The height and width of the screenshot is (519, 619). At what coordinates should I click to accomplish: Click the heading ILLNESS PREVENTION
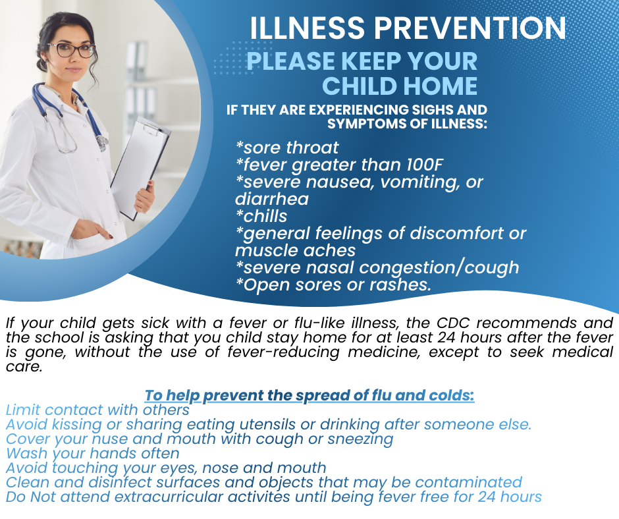click(408, 28)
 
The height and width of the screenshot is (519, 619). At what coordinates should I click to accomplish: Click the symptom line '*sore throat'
click(287, 147)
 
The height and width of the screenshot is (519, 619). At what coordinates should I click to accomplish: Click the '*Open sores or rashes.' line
click(333, 285)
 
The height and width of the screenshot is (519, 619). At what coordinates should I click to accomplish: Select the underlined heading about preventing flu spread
click(309, 396)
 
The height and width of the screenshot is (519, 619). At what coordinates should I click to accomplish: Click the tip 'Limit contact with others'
click(97, 410)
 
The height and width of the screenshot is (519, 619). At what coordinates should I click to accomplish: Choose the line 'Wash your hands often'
click(92, 453)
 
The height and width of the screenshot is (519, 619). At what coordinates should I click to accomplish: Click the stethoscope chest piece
click(101, 142)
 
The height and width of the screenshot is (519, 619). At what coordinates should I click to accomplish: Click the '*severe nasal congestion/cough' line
click(377, 267)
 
